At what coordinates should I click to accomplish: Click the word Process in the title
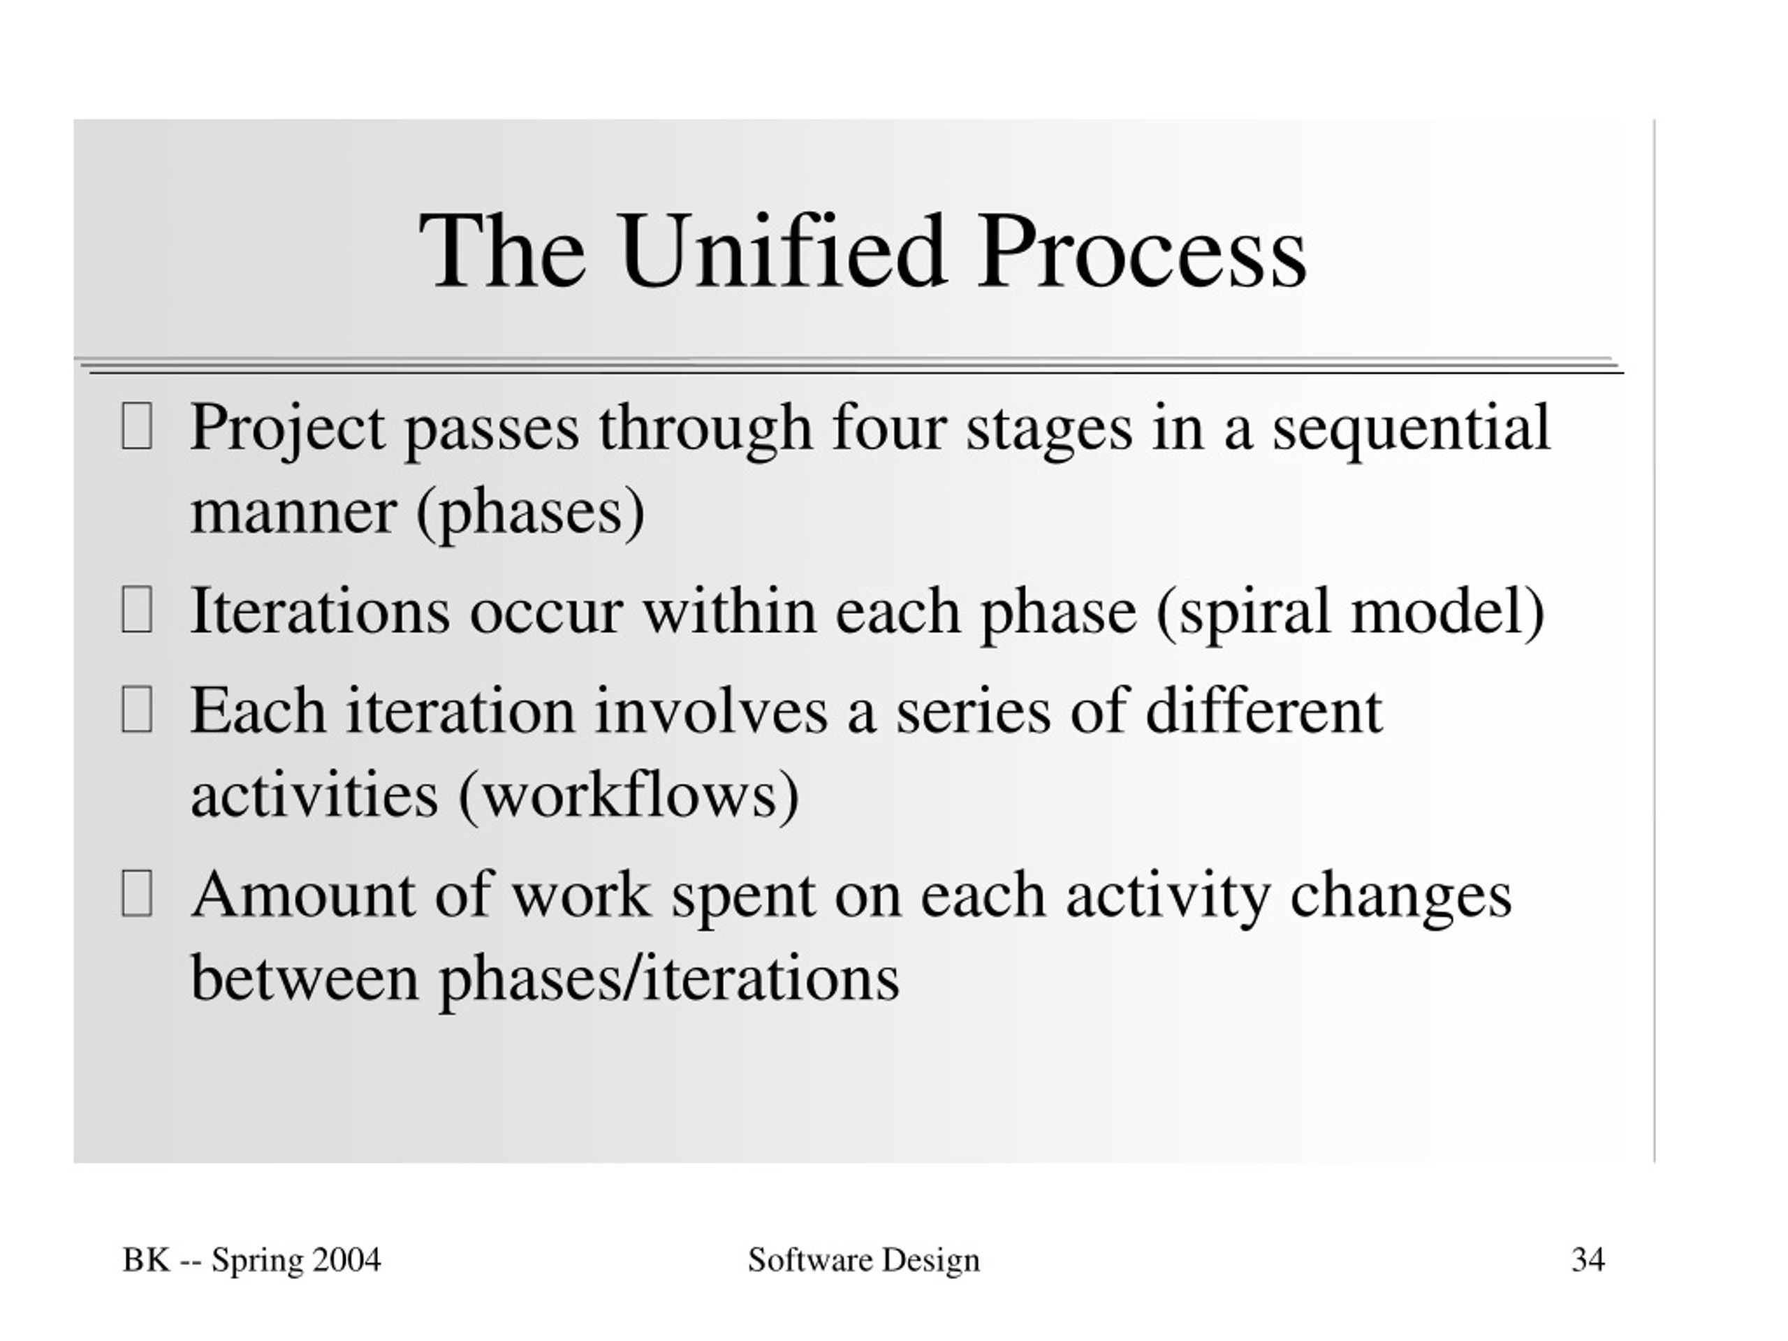click(1141, 250)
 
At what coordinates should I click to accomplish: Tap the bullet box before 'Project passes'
click(137, 426)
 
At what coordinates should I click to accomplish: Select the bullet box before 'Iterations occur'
click(137, 610)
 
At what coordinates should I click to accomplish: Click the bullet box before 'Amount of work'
click(137, 893)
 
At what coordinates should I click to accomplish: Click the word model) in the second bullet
click(1448, 612)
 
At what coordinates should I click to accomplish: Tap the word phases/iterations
click(669, 978)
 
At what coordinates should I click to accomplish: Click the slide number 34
click(1588, 1260)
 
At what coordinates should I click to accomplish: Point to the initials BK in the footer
click(146, 1260)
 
